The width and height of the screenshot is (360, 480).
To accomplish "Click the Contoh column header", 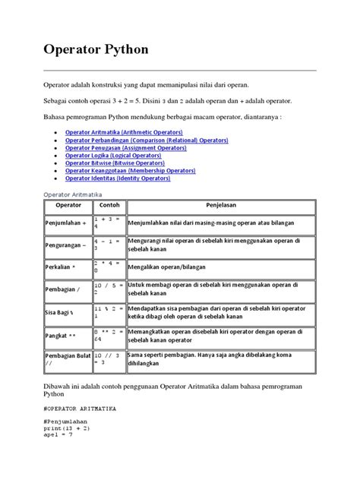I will click(x=109, y=205).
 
